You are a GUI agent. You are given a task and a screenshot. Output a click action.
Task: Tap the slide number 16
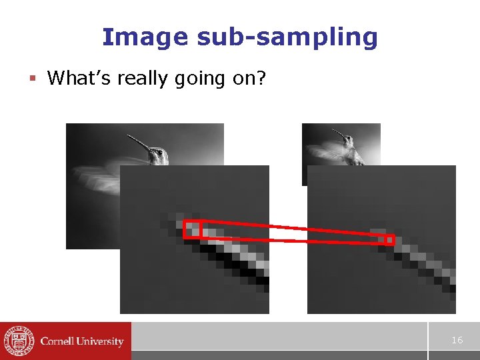tap(457, 340)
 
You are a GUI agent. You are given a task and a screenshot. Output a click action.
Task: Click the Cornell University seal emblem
tap(18, 341)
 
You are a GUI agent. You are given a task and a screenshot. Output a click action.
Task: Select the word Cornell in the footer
tap(57, 341)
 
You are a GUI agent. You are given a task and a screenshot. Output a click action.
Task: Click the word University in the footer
tap(99, 341)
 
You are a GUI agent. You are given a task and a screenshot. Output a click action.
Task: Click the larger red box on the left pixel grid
tap(192, 229)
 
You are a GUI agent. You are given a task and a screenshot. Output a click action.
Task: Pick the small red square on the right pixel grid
tap(390, 239)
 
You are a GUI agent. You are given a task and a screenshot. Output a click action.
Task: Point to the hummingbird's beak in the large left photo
tap(139, 141)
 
